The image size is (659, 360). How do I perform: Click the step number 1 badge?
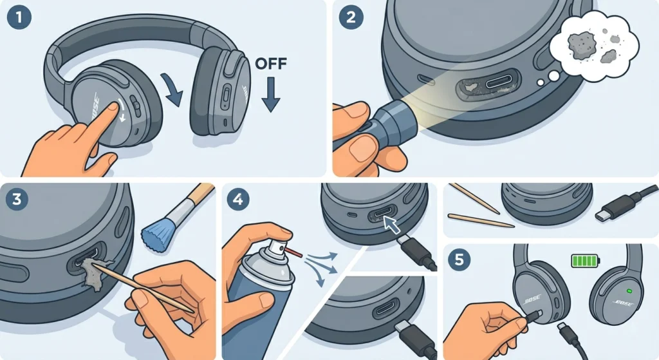tap(19, 19)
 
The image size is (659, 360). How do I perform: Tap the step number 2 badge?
tap(351, 19)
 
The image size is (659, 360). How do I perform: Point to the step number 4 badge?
tap(239, 200)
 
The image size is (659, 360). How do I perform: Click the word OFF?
tap(271, 66)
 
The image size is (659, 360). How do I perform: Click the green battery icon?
tap(586, 261)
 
